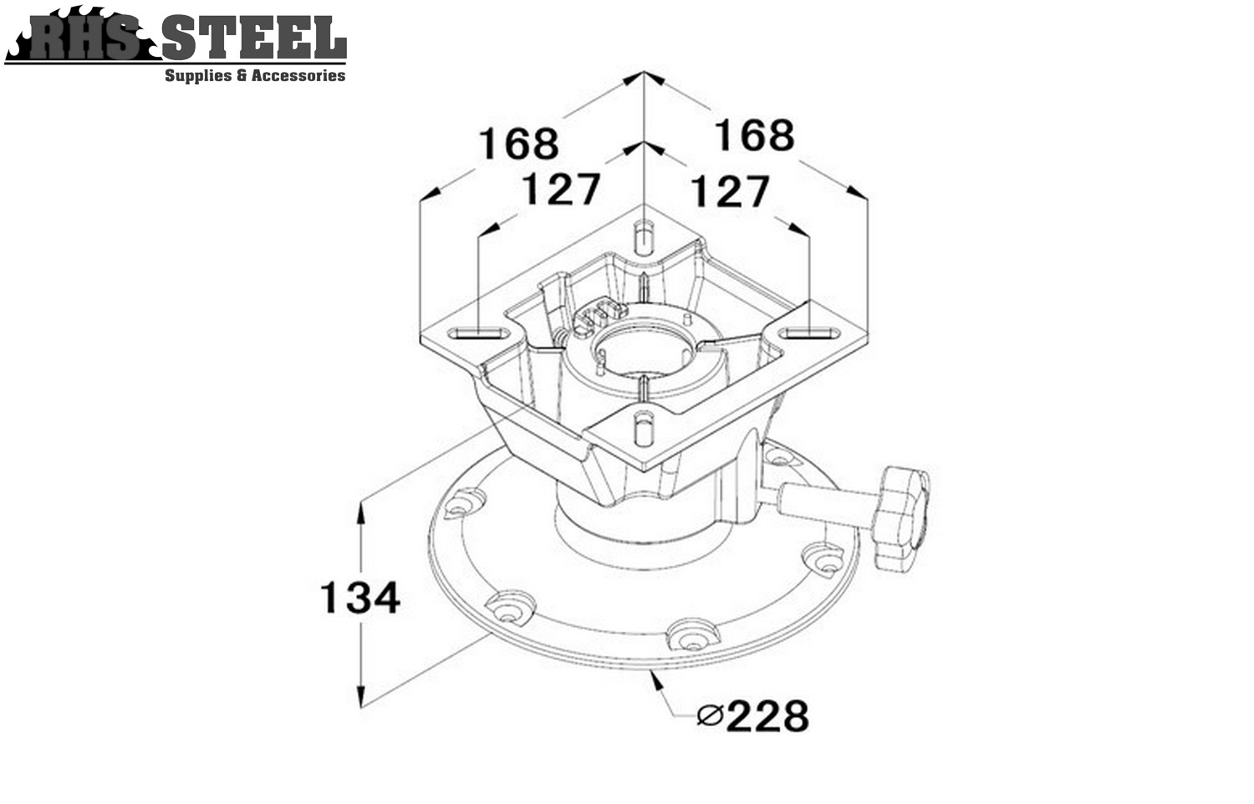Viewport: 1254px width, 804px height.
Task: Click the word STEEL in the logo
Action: (x=254, y=38)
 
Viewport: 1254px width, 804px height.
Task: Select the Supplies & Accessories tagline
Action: (x=255, y=75)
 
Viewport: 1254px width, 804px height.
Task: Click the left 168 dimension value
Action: (x=518, y=143)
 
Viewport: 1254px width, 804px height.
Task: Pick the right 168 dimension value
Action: (x=755, y=135)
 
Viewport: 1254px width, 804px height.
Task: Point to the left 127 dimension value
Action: (x=562, y=189)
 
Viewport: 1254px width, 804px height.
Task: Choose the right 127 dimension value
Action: (x=731, y=191)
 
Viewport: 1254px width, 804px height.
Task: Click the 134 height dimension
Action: (x=360, y=597)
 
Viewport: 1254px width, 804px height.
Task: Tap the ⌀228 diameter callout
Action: (x=753, y=715)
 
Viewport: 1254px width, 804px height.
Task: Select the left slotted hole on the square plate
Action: (x=479, y=333)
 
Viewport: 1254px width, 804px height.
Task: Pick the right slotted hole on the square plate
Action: (x=809, y=333)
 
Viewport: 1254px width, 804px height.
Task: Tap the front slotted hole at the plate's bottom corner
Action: (x=644, y=427)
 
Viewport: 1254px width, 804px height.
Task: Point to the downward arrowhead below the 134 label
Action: (x=361, y=696)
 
